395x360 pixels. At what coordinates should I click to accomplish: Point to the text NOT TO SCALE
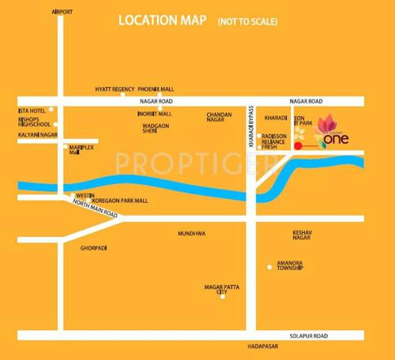coord(246,21)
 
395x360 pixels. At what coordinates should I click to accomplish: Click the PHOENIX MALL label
coord(158,89)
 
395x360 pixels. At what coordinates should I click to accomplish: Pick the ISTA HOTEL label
coord(32,111)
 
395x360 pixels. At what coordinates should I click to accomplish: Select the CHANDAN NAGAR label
coord(219,118)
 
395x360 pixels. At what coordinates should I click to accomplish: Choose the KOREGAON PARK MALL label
coord(120,201)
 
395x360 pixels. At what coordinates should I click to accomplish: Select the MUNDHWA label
coord(191,234)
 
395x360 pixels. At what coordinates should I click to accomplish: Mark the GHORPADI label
coord(93,248)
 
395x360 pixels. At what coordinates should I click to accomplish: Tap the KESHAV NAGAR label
coord(304,236)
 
